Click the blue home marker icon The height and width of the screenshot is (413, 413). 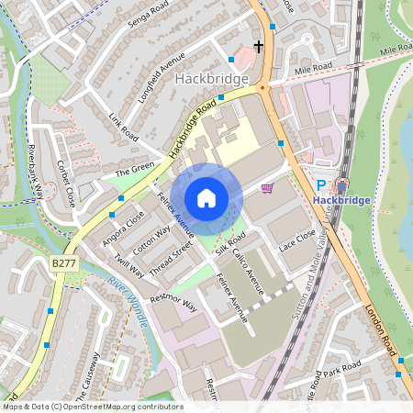point(206,197)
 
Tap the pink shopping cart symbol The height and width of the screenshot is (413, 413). point(267,188)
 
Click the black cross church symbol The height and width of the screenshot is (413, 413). point(259,46)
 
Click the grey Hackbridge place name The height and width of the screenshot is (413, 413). point(211,80)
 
